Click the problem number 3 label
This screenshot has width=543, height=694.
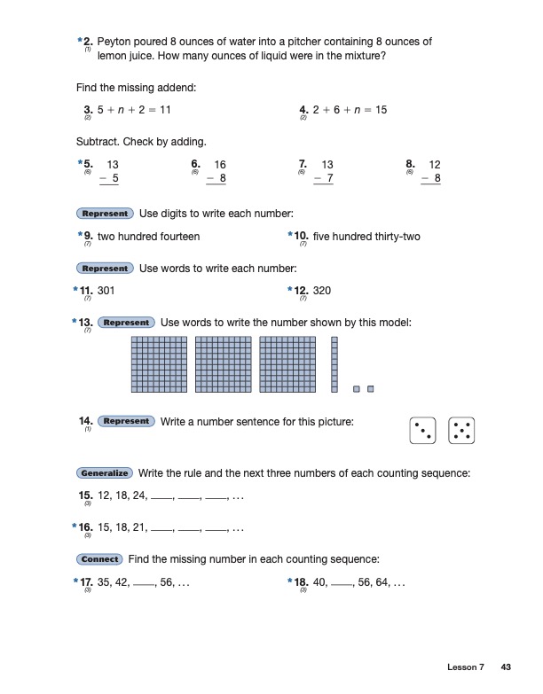click(86, 110)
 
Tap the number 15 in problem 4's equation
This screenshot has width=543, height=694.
click(381, 110)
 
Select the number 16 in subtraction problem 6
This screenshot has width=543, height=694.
click(220, 165)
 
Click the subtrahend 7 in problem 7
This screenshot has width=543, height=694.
click(330, 179)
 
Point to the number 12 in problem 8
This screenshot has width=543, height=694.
click(435, 165)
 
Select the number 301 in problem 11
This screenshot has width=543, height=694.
click(106, 291)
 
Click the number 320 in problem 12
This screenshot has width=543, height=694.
click(322, 291)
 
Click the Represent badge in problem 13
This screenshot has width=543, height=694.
click(126, 323)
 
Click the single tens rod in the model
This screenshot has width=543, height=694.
click(334, 363)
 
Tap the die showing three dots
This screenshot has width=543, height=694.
click(423, 430)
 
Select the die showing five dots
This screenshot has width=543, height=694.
click(461, 430)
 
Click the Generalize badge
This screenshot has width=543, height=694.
click(104, 473)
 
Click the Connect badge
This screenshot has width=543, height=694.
click(98, 559)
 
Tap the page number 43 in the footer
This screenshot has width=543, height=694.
click(508, 667)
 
